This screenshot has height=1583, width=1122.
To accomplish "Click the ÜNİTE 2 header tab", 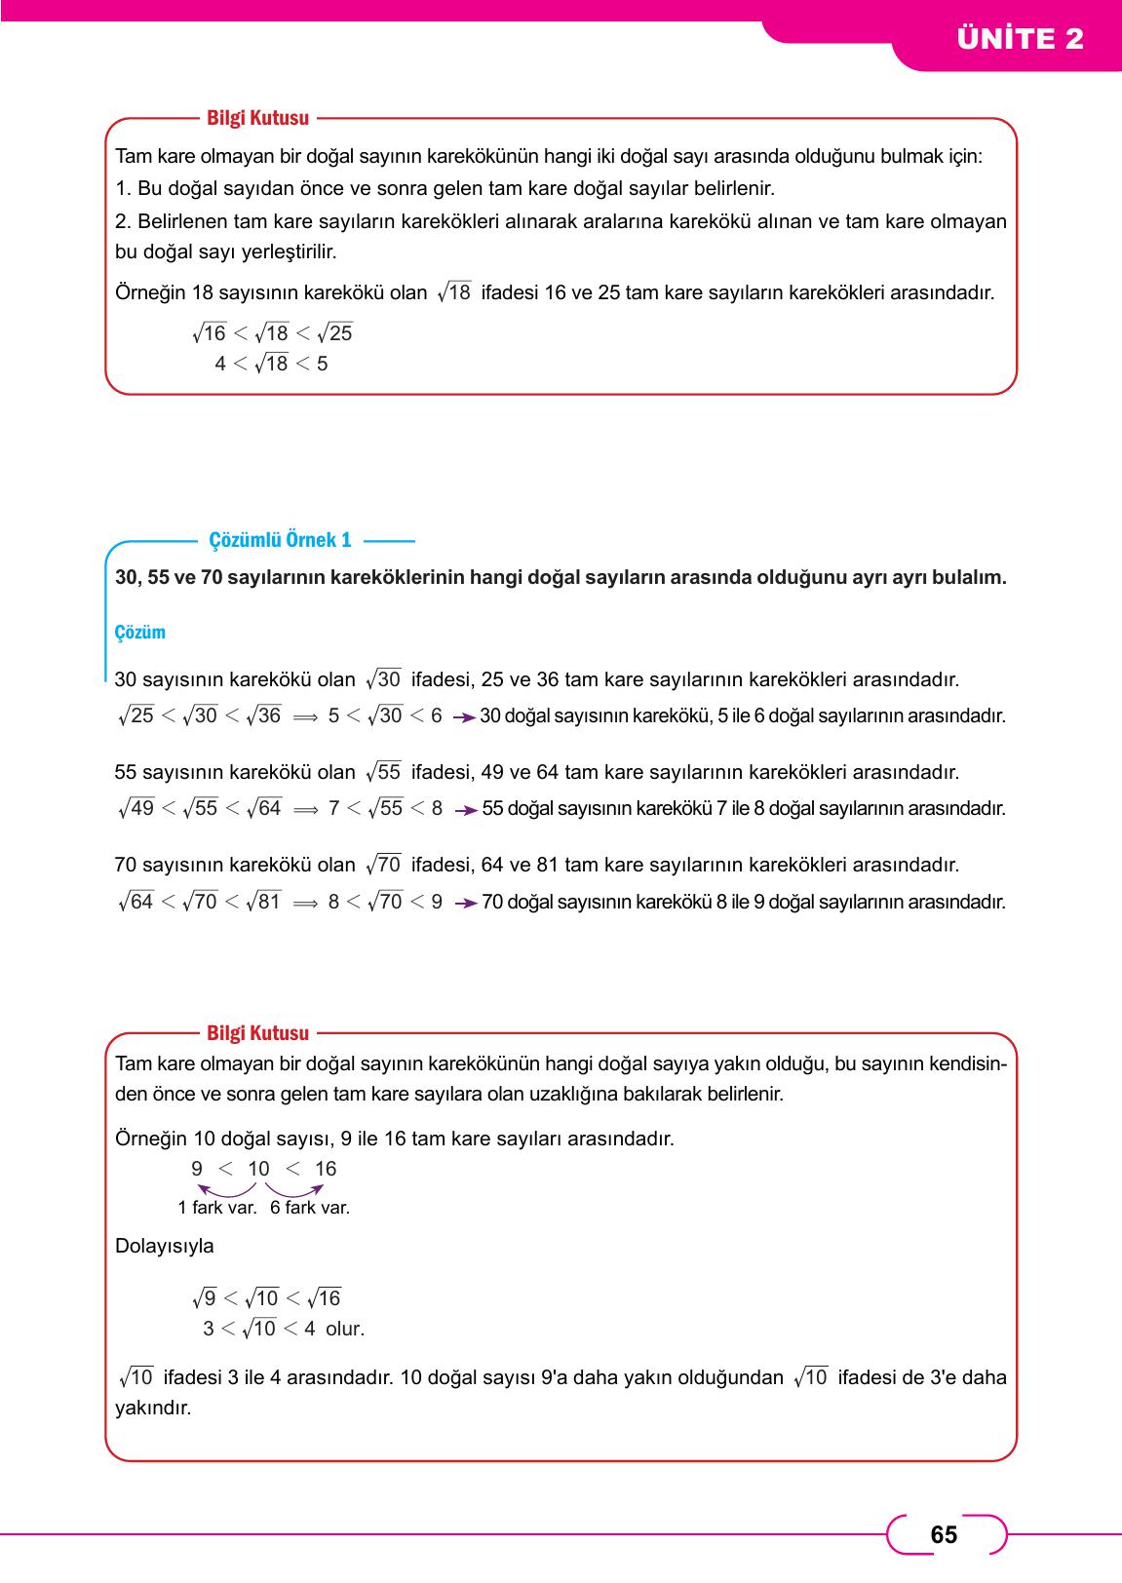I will (1020, 39).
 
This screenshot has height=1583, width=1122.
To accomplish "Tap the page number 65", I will (944, 1535).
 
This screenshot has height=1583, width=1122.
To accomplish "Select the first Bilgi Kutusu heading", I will (258, 118).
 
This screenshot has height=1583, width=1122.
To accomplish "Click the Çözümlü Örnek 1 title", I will (281, 540).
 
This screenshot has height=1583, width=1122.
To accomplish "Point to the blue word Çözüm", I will (140, 633).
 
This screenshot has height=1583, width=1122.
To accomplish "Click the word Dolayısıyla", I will (165, 1246).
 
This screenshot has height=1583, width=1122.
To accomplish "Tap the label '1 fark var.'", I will (216, 1208).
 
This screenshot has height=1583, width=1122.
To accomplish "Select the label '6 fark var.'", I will (310, 1208).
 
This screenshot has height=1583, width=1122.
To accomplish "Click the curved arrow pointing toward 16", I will (294, 1189).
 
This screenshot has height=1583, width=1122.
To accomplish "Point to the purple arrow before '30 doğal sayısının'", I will (464, 717).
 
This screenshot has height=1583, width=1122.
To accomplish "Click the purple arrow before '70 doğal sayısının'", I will (465, 904).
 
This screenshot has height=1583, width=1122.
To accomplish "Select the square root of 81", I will (264, 902).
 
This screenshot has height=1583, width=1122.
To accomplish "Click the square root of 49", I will (136, 808).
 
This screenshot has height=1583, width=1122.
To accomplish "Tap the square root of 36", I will (264, 715).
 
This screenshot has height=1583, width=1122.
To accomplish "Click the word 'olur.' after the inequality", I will (345, 1329).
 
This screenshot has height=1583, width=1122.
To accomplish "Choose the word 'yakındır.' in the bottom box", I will (153, 1409).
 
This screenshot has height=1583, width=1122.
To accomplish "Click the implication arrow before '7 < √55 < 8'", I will (305, 809).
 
